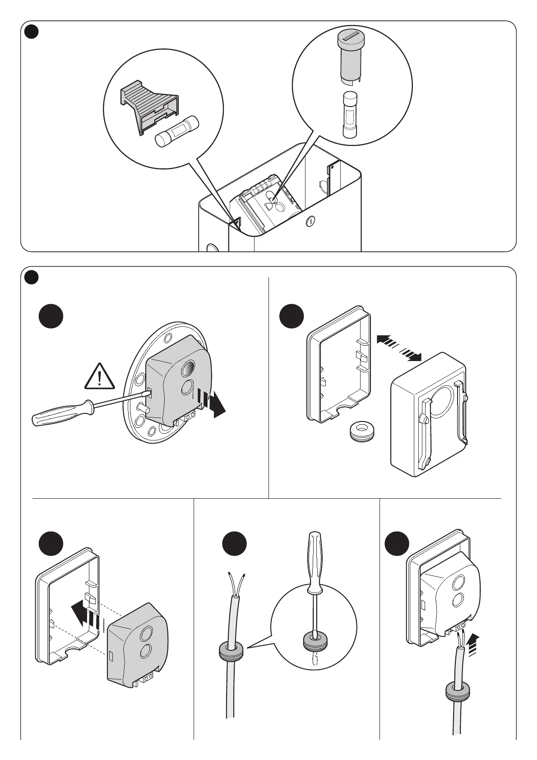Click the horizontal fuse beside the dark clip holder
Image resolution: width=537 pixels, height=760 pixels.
click(x=177, y=131)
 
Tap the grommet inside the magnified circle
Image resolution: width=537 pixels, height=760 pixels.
click(x=315, y=641)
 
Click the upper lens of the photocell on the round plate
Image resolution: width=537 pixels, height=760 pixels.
click(x=187, y=369)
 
